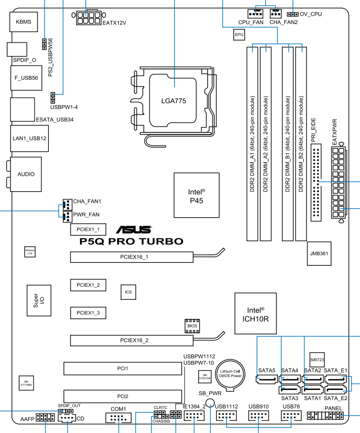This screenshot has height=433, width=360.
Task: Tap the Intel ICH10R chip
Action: tap(255, 313)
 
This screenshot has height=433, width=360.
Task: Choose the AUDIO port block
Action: tap(26, 175)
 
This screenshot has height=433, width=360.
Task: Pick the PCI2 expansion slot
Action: tap(123, 396)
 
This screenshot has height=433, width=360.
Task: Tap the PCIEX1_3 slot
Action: tap(88, 313)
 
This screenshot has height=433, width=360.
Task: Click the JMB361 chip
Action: tap(319, 254)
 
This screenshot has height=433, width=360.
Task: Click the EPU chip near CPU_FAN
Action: tap(239, 35)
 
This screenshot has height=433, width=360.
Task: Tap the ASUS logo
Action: tap(134, 230)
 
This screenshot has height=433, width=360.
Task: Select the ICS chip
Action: tap(129, 291)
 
